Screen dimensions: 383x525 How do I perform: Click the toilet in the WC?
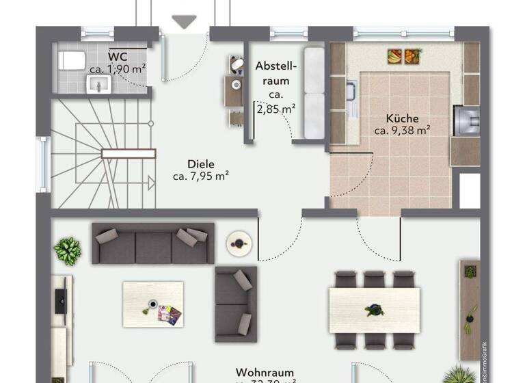click(67, 60)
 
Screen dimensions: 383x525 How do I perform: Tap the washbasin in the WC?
click(98, 84)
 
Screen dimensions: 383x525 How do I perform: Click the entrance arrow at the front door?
click(183, 22)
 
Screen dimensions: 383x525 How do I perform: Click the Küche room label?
click(401, 118)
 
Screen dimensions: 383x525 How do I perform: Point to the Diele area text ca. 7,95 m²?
click(200, 176)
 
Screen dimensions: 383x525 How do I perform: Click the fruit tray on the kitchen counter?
click(403, 55)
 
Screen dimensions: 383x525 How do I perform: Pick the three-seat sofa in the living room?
click(153, 243)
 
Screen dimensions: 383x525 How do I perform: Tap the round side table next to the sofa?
click(239, 241)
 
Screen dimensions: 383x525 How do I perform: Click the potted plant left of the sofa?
click(68, 251)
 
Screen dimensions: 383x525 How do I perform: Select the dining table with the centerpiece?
click(374, 310)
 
